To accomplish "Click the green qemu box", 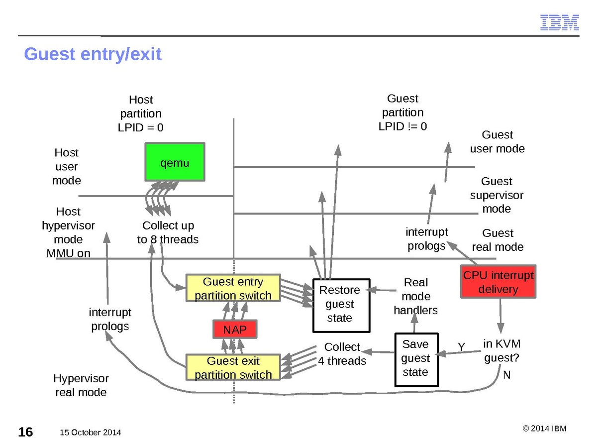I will pyautogui.click(x=175, y=162).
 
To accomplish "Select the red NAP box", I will pyautogui.click(x=234, y=330).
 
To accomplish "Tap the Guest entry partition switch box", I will pyautogui.click(x=233, y=288).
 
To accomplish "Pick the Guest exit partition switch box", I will pyautogui.click(x=233, y=367).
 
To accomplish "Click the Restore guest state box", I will pyautogui.click(x=341, y=305).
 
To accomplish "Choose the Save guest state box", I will pyautogui.click(x=416, y=359).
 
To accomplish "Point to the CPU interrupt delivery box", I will pyautogui.click(x=498, y=282).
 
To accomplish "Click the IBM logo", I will pyautogui.click(x=560, y=22).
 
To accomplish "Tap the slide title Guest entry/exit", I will pyautogui.click(x=93, y=54).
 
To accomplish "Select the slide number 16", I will pyautogui.click(x=26, y=432).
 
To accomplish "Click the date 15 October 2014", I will pyautogui.click(x=90, y=432).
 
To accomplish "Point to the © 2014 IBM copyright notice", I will pyautogui.click(x=544, y=429).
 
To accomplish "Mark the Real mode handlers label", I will pyautogui.click(x=416, y=296).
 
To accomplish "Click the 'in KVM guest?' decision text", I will pyautogui.click(x=501, y=350).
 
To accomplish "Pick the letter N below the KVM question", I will pyautogui.click(x=506, y=375).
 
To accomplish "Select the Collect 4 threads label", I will pyautogui.click(x=342, y=354).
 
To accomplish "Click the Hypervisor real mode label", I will pyautogui.click(x=81, y=385).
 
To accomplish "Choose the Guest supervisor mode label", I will pyautogui.click(x=497, y=195).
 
